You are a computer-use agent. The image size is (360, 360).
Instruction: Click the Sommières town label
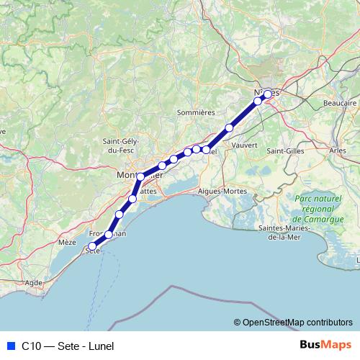click(196, 112)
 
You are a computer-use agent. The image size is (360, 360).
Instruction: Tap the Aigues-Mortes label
click(222, 192)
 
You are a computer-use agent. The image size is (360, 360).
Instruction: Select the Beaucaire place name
click(341, 104)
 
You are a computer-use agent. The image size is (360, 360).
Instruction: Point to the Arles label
click(337, 150)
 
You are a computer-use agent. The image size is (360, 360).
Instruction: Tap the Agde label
click(33, 284)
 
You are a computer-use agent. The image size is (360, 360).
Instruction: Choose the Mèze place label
click(67, 243)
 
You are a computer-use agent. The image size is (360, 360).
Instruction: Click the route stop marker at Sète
click(92, 247)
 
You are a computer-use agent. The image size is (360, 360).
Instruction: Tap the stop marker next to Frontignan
click(109, 234)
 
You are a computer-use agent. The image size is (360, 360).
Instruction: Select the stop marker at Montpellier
click(140, 176)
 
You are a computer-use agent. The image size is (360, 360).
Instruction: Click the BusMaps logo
click(325, 345)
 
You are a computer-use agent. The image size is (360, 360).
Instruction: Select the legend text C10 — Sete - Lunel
click(67, 346)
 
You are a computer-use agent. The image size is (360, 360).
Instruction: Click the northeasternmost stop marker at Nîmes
click(268, 94)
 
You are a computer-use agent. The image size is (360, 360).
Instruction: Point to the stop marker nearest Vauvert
click(230, 128)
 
